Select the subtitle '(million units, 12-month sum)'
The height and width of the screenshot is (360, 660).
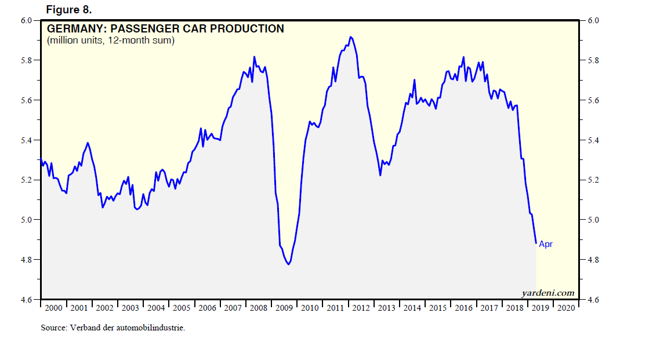pos(111,41)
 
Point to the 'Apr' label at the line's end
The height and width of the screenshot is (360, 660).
pos(546,244)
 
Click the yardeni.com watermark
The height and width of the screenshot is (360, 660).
pos(548,293)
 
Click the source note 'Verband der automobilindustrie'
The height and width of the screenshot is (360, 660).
pos(113,328)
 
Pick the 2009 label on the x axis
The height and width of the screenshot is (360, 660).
pos(285,308)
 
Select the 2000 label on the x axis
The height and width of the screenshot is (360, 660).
pos(53,308)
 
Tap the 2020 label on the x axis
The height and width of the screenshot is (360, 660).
pos(566,308)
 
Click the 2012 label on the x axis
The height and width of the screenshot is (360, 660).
pos(361,308)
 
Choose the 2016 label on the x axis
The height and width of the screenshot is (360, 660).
pos(464,308)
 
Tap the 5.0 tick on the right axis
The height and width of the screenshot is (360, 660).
pos(593,220)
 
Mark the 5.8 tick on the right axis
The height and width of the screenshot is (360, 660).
pos(593,61)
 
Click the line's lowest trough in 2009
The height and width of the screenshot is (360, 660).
pos(288,264)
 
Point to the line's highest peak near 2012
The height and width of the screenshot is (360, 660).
pos(350,37)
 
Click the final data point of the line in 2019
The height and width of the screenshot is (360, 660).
pos(536,243)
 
